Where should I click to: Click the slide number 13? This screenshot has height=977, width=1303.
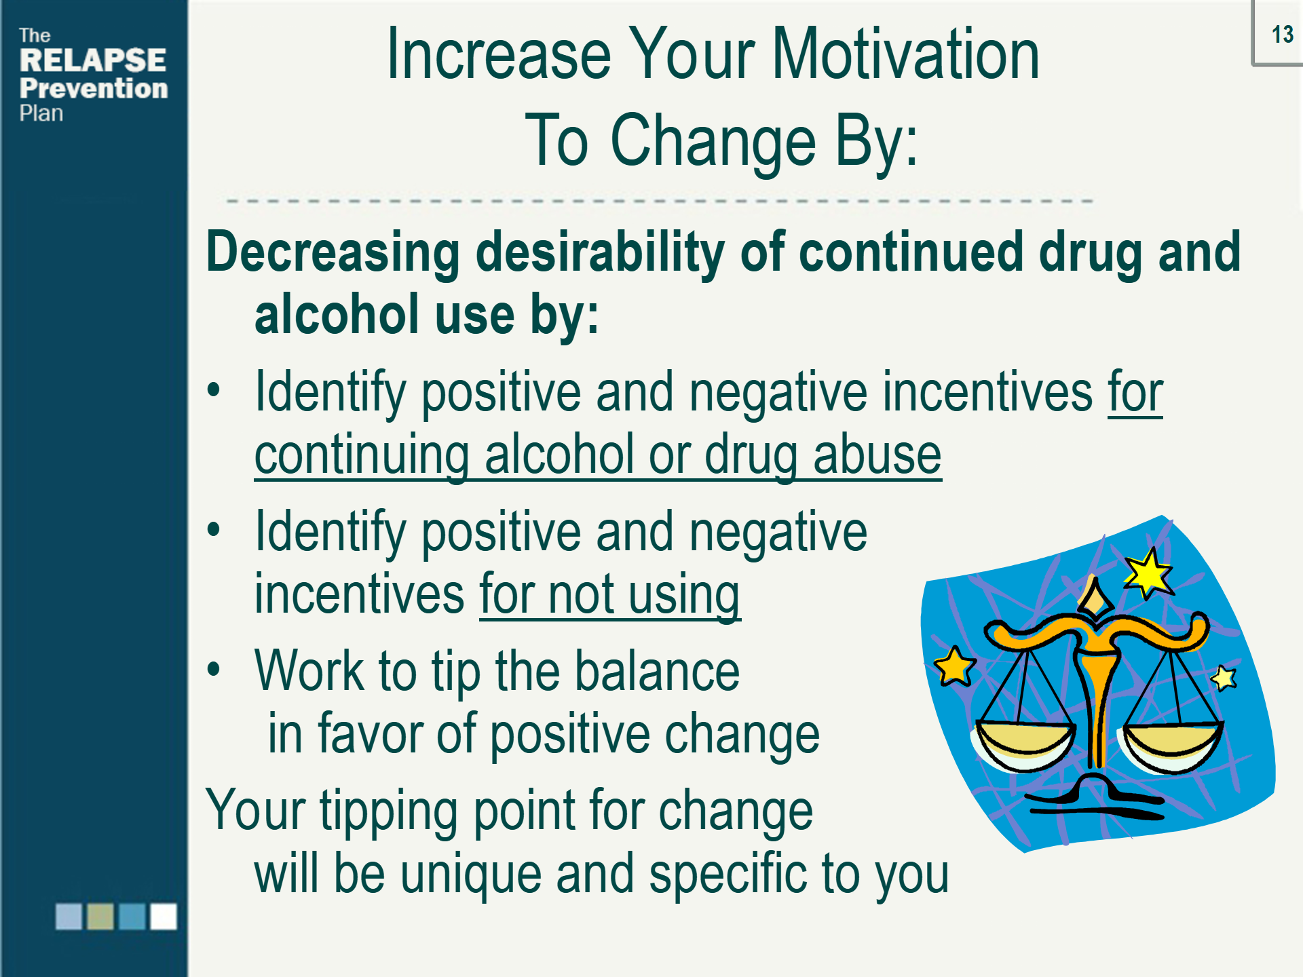point(1282,35)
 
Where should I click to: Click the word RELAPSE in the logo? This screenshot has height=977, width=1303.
point(93,60)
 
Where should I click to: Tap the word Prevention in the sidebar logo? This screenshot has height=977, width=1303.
point(94,88)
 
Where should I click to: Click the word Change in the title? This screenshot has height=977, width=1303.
point(713,140)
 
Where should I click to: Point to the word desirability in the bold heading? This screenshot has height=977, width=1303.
point(601,253)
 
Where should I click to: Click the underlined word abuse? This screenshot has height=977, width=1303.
point(877,454)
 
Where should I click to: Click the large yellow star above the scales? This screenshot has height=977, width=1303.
point(1147,573)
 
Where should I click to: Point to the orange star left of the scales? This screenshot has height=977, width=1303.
point(955,666)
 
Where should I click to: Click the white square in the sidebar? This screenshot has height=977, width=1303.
point(164,916)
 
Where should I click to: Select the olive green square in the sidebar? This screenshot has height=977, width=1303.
point(100,916)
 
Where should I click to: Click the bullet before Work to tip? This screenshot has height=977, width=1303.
point(214,670)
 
